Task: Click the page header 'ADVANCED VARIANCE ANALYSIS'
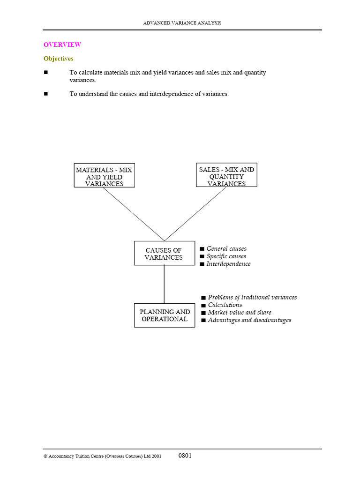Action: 181,22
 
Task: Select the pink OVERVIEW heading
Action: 62,45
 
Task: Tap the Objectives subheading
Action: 58,59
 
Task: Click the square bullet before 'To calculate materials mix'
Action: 46,73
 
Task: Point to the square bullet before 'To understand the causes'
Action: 46,94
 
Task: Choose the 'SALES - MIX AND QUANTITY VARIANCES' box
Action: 226,176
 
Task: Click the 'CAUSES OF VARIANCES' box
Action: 164,254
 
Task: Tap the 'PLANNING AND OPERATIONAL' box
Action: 165,315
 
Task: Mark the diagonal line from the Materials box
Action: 134,214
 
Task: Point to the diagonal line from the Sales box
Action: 195,214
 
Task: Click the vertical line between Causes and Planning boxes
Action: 164,284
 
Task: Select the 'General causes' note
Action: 226,249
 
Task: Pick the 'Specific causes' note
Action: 226,256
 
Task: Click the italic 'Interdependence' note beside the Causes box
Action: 228,264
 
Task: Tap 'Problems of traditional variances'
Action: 252,297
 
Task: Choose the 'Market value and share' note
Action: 239,312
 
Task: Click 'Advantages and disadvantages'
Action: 249,320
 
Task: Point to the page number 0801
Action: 185,456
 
